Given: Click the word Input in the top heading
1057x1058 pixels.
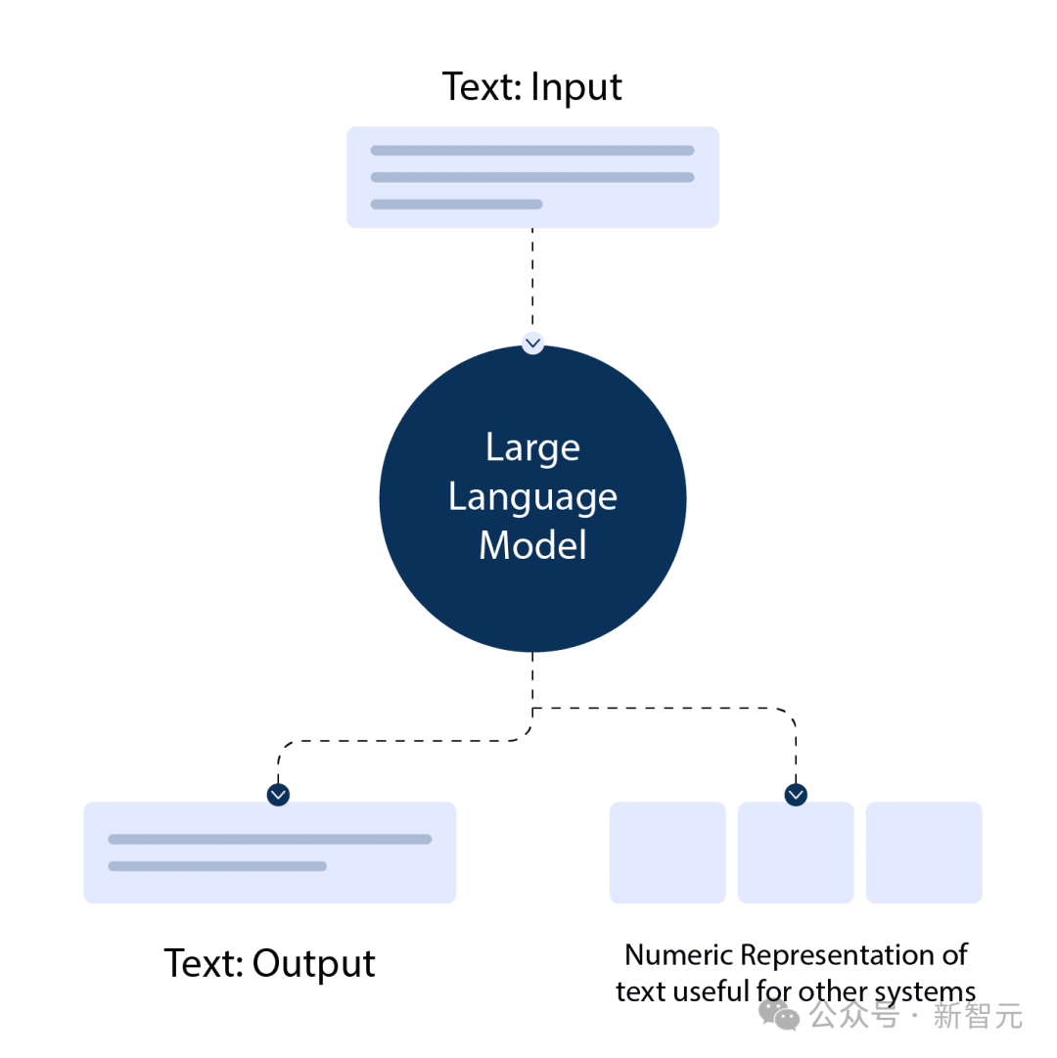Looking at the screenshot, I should tap(576, 88).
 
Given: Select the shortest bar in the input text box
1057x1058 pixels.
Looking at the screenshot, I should tap(456, 205).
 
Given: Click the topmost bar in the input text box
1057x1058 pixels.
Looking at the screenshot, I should tap(532, 151).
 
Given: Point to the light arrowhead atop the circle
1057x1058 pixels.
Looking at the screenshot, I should tap(532, 344).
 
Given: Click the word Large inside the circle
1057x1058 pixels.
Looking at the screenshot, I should tap(532, 448).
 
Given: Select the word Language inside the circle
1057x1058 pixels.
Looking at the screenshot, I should tap(532, 498).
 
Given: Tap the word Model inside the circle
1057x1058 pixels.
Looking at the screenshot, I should tap(532, 545).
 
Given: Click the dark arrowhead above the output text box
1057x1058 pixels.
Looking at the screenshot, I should tap(279, 795).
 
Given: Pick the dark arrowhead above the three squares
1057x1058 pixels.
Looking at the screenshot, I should tap(796, 795).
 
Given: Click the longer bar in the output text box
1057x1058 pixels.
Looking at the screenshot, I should tap(270, 839).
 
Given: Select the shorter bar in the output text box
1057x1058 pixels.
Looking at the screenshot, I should tap(217, 866).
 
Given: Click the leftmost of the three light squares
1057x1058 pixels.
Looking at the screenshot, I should tap(667, 852).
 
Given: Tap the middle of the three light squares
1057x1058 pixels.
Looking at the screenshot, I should tap(796, 852).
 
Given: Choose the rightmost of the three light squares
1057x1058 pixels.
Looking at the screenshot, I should tap(924, 852).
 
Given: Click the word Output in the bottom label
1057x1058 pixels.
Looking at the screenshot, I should tap(313, 964).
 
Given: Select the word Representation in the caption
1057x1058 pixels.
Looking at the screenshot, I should tap(841, 954).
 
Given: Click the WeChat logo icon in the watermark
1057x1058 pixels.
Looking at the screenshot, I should tap(780, 1015).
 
